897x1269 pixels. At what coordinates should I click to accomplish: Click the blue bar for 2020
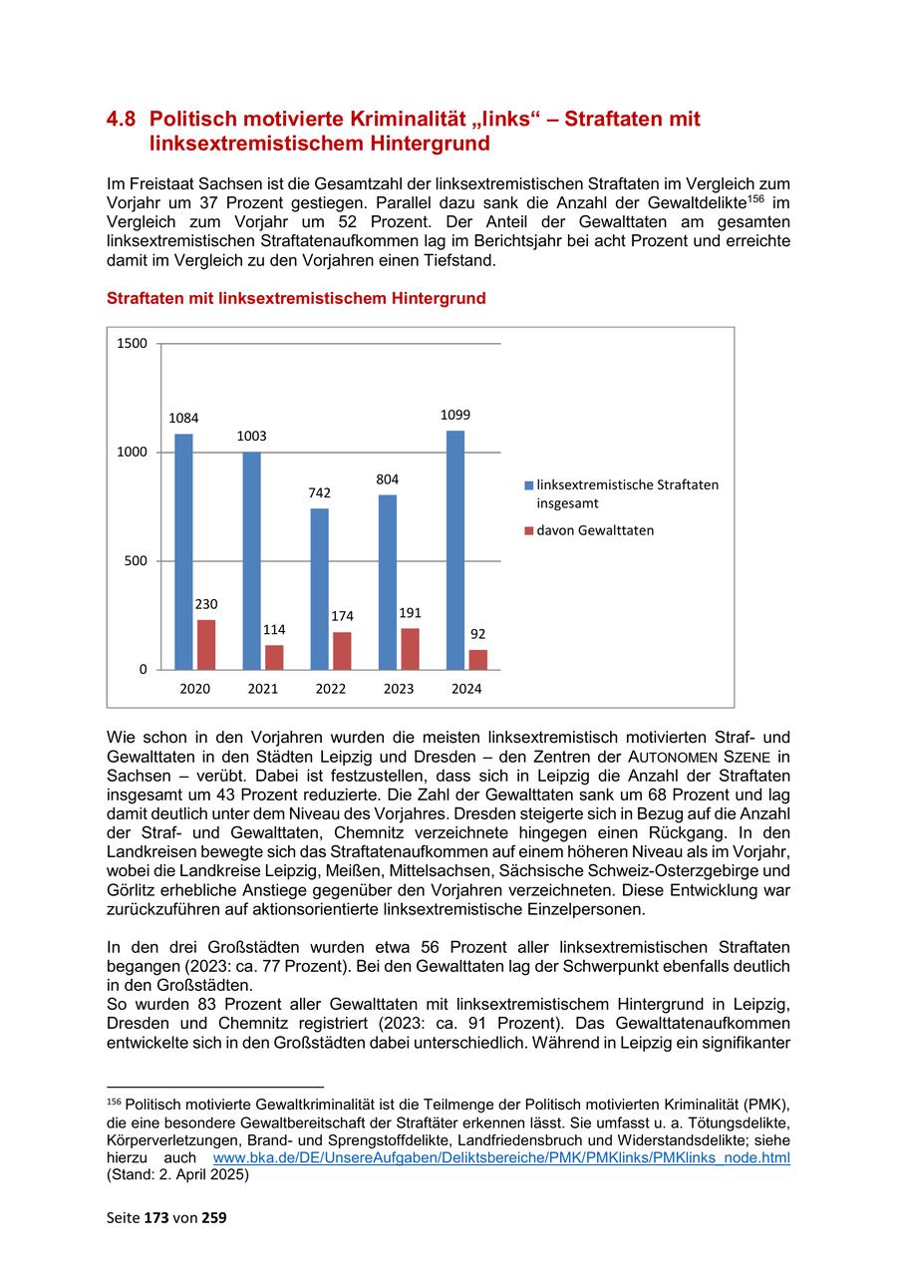(183, 551)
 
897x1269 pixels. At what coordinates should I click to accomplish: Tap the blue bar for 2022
(319, 588)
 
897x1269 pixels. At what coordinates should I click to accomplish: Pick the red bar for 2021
(274, 657)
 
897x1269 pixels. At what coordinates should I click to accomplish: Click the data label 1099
(455, 415)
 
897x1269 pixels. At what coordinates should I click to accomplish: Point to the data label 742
(319, 492)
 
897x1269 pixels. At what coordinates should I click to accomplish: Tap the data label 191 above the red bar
(411, 613)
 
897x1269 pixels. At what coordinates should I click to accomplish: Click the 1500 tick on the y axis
(132, 344)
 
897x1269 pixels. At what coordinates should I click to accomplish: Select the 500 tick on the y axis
(136, 560)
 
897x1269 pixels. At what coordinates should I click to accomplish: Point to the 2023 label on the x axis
(399, 689)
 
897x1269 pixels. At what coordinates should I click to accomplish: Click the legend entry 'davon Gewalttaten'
(595, 530)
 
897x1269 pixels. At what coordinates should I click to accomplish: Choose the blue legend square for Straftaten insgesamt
(529, 485)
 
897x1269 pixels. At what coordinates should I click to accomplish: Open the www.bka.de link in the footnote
(501, 1158)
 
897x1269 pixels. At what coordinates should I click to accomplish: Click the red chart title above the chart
(296, 298)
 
